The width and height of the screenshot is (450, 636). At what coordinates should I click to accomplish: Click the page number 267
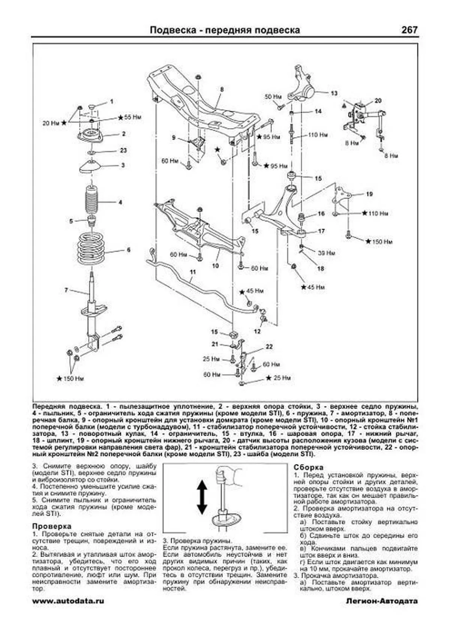409,30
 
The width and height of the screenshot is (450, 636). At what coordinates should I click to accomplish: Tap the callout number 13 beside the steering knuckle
334,93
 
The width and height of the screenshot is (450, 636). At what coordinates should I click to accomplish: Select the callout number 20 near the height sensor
378,100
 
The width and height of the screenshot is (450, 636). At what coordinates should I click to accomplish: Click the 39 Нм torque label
326,253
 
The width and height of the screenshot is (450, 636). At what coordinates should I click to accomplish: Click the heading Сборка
308,467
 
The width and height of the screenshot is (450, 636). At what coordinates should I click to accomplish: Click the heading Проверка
51,526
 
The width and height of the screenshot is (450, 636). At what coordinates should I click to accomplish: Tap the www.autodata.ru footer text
68,601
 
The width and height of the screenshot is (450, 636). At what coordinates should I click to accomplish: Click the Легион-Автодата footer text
382,601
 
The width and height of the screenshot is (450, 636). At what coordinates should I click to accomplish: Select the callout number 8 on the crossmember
222,89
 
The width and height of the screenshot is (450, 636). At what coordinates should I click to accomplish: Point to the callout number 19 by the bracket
369,194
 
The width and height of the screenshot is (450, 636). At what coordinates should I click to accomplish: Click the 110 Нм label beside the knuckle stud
318,135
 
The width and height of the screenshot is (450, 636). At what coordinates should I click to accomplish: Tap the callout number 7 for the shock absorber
66,290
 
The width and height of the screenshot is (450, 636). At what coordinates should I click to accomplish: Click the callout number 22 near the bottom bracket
269,347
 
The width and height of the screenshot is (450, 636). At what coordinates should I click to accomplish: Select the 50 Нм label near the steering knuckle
273,97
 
